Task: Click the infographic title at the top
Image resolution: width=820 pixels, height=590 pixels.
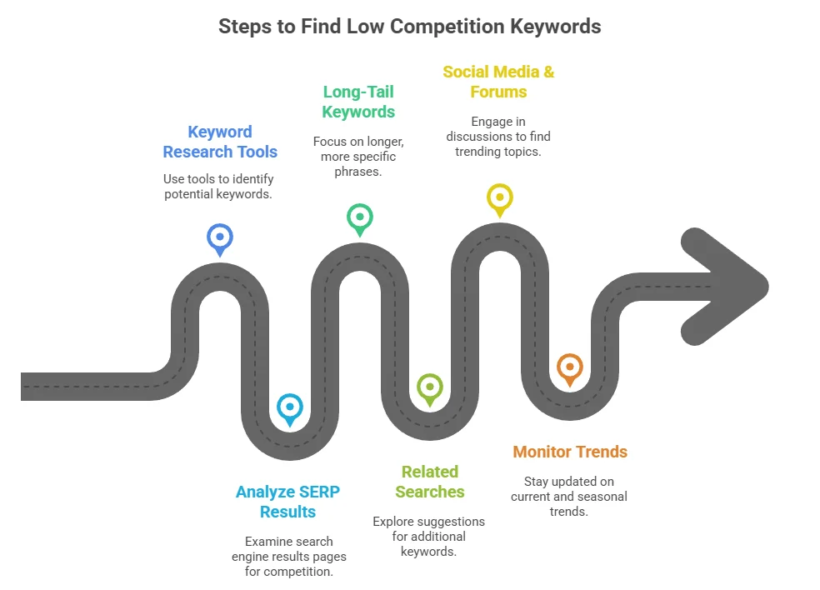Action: tap(409, 26)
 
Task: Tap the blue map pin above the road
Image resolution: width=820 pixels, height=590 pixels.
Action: tap(219, 237)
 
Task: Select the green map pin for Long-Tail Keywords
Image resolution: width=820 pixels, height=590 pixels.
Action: tap(359, 217)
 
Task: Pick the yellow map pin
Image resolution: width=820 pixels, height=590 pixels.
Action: tap(499, 197)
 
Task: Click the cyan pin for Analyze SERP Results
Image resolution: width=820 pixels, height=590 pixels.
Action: tap(289, 407)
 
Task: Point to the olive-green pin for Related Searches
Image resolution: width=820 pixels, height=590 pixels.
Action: tap(429, 387)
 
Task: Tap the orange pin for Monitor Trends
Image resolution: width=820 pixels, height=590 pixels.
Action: tap(569, 367)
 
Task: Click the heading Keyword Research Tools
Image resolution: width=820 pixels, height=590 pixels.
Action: tap(220, 142)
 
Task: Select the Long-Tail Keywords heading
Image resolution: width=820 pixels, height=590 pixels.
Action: tap(358, 102)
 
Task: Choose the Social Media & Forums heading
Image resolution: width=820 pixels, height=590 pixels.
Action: tap(498, 82)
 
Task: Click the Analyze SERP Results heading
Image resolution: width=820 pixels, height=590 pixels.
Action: tap(287, 502)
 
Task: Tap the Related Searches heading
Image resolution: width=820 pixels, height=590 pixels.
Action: tap(430, 482)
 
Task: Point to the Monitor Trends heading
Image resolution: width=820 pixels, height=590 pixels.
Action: tap(570, 452)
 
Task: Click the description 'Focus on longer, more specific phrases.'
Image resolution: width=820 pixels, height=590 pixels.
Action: tap(358, 156)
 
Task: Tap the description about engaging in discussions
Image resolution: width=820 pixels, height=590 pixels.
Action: tap(498, 136)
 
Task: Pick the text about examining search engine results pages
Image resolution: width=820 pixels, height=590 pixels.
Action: tap(288, 556)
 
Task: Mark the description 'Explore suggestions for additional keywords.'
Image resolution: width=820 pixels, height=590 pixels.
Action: tap(428, 536)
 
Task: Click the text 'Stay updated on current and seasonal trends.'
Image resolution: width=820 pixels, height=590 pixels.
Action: tap(570, 496)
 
